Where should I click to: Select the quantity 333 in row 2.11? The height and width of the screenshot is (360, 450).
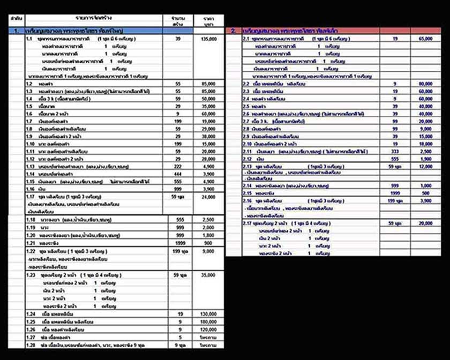coord(394,152)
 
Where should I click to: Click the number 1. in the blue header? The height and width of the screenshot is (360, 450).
coord(17,32)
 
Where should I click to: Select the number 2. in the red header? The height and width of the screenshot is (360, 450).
coord(233,32)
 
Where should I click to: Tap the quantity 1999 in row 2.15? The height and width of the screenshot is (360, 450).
coord(394,192)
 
